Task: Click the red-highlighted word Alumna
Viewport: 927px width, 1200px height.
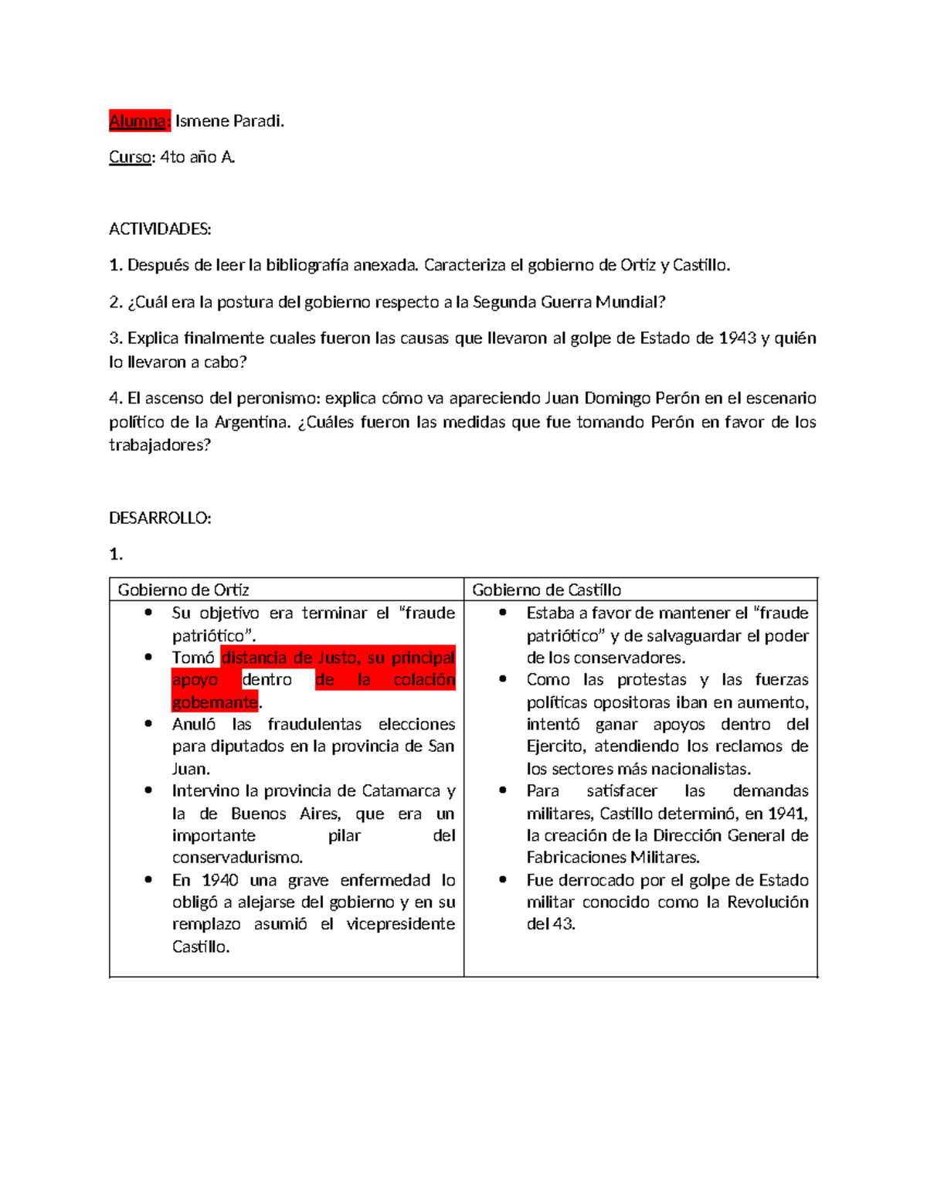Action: click(138, 121)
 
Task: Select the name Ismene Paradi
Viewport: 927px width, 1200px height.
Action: click(229, 121)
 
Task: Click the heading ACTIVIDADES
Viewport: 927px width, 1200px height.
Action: click(160, 229)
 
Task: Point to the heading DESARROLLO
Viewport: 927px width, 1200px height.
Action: click(160, 518)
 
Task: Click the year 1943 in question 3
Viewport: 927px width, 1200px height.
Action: click(737, 338)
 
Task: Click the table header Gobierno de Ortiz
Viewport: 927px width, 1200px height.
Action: click(183, 590)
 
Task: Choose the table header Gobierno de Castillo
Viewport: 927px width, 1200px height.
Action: click(546, 590)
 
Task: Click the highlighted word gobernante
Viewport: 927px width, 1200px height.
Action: click(215, 702)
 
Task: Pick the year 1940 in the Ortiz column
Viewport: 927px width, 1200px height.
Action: click(220, 881)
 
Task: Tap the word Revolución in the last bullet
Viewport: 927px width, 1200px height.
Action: click(768, 903)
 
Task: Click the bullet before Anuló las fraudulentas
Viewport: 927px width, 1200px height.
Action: click(148, 724)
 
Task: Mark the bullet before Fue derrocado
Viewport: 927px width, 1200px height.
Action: click(503, 880)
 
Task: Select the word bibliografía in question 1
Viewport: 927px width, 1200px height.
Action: click(307, 266)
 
